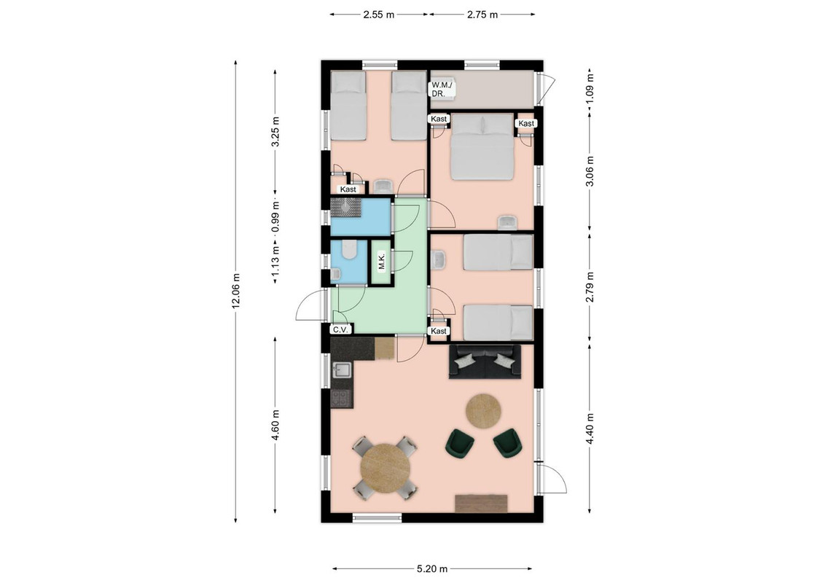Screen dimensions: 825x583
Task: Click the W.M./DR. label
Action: pos(442,89)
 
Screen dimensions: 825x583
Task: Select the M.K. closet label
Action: pos(382,262)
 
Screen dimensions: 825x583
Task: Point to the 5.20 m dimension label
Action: pos(432,568)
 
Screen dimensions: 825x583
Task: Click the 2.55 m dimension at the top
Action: pos(378,15)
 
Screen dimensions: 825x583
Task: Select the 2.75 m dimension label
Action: pos(482,15)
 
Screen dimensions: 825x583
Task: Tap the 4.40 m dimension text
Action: pos(590,429)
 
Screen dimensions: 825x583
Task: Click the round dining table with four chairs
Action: pos(386,468)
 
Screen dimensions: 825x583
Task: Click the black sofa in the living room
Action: pos(485,362)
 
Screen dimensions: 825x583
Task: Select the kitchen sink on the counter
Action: pos(342,369)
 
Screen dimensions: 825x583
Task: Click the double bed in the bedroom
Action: pos(482,147)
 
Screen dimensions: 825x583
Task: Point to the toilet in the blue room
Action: pos(348,249)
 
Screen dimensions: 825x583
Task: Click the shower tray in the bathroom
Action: pos(345,207)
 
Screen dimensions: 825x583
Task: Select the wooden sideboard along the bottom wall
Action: pos(482,503)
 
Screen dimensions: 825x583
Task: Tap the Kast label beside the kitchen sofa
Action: pos(438,331)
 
